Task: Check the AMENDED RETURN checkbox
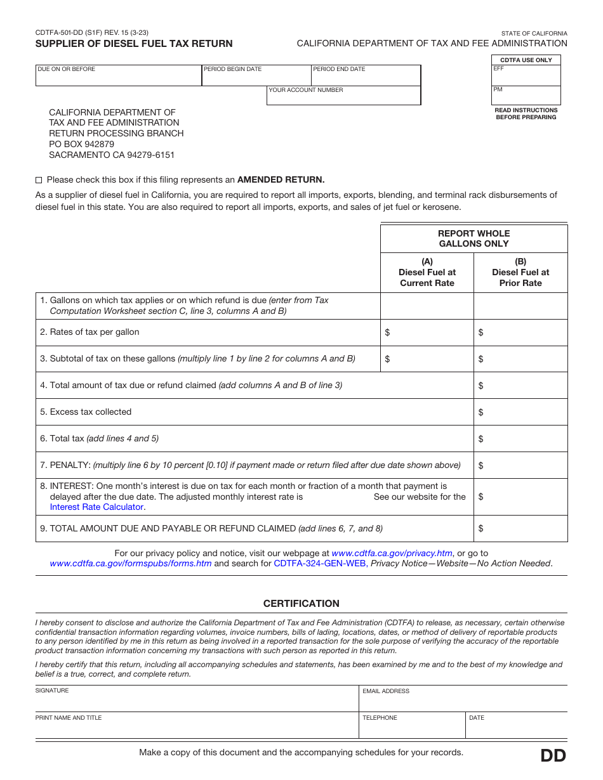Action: [39, 180]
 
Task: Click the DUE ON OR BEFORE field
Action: [119, 77]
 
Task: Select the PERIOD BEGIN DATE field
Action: [256, 77]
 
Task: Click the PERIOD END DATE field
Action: [366, 77]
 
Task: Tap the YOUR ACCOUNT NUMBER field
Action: [343, 98]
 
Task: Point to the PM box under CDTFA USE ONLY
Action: [526, 96]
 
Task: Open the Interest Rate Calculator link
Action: [96, 507]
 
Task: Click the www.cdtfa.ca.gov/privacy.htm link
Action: [392, 553]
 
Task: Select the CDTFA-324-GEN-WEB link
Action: [319, 563]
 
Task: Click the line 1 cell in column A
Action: [427, 306]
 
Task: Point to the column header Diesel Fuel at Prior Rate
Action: [520, 272]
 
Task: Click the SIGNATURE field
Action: [197, 700]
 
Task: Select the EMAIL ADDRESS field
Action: [463, 700]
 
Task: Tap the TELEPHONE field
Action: [412, 727]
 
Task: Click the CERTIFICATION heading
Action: [301, 604]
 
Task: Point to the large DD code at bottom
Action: [553, 756]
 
